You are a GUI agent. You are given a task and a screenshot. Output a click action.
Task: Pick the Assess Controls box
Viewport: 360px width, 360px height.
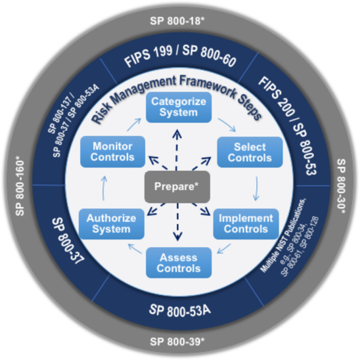[x=178, y=262]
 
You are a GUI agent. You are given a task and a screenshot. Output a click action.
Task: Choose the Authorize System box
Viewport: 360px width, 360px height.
[x=111, y=222]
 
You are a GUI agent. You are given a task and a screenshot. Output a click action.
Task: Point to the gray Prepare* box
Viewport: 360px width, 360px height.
[x=178, y=187]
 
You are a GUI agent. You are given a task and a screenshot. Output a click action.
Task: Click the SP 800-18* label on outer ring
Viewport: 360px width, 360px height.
[x=179, y=20]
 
